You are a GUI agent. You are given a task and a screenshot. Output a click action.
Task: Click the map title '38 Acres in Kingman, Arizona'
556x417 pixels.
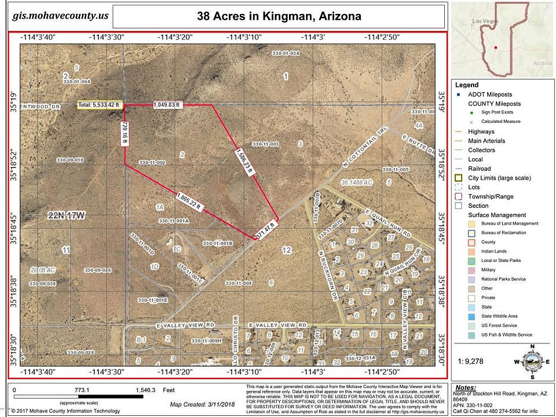[279, 16]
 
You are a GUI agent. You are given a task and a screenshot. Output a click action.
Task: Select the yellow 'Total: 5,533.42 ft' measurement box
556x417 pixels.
[100, 105]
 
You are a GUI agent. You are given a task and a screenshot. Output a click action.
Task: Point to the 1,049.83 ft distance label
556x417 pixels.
[167, 105]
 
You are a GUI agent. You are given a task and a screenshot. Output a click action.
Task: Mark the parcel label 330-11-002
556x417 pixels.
[153, 162]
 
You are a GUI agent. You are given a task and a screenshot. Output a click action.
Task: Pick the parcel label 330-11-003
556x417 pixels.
[266, 144]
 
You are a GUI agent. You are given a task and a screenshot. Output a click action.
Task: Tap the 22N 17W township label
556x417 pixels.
[67, 215]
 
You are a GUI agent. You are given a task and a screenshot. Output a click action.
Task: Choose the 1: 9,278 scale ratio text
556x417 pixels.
[470, 360]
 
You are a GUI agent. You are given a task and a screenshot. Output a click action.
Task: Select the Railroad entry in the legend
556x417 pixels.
[478, 169]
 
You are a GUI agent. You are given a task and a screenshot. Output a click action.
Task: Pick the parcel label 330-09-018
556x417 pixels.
[70, 160]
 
